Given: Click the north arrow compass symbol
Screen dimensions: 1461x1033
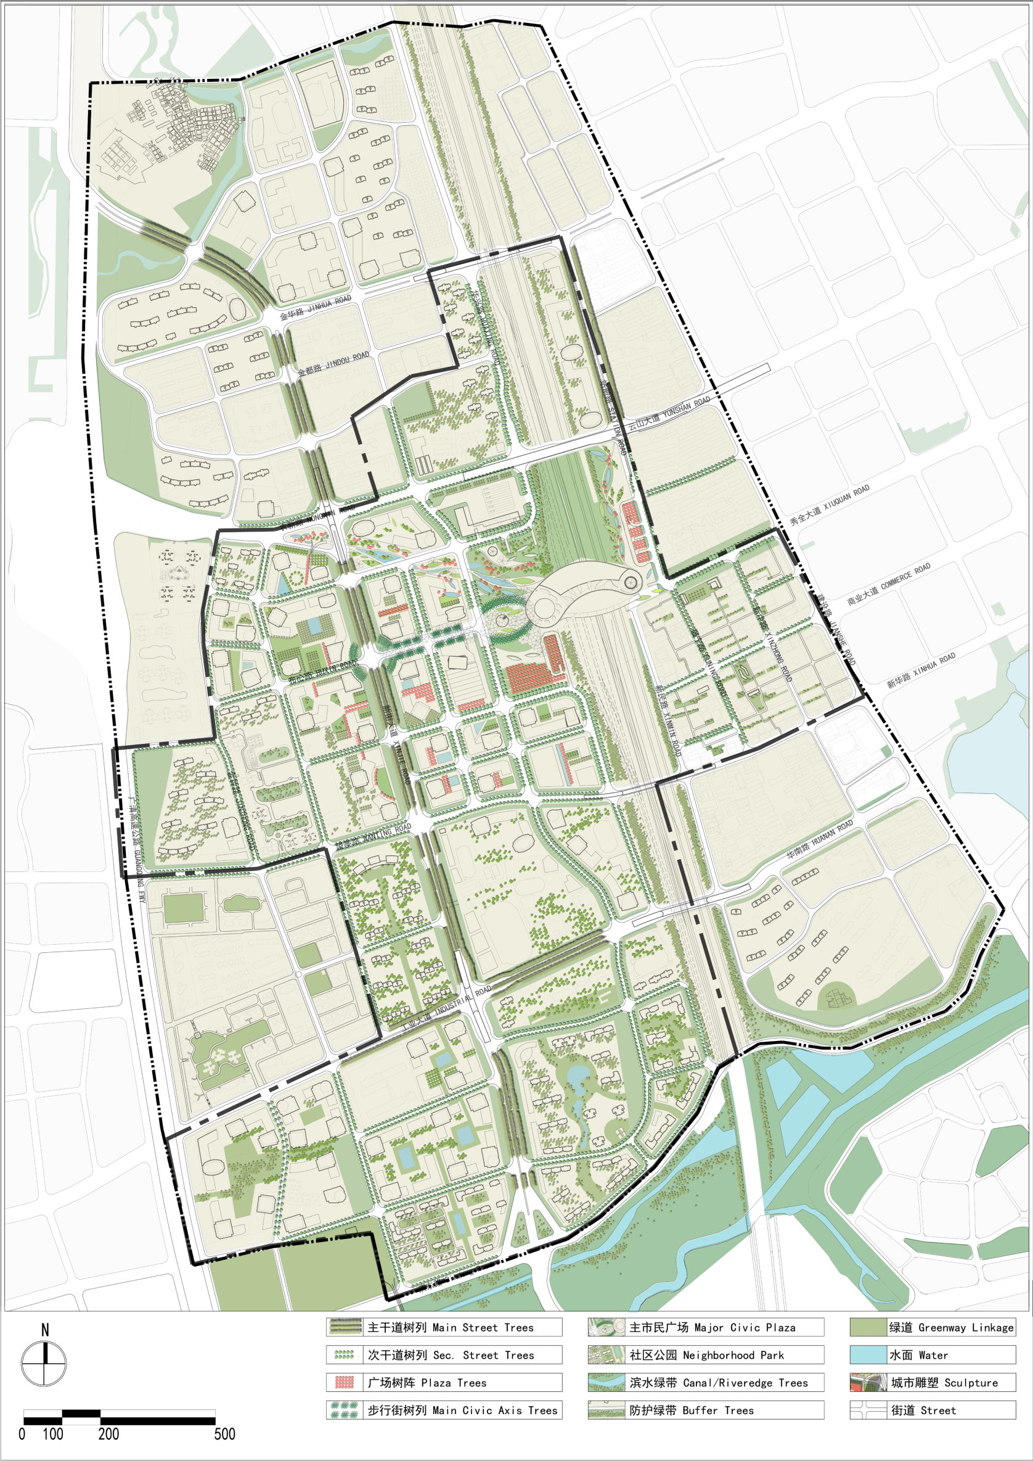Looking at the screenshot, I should pos(44,1364).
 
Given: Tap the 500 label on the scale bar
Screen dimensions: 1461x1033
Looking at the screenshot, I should pos(224,1434).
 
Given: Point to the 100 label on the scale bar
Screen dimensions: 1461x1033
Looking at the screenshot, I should pos(53,1434).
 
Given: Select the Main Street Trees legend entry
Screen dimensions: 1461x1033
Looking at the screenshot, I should pos(444,1327).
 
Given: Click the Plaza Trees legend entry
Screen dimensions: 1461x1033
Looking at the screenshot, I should pos(444,1382).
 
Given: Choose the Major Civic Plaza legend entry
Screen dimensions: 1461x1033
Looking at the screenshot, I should pos(706,1327).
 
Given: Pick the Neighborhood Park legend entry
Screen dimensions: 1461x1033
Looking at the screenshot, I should pos(706,1355).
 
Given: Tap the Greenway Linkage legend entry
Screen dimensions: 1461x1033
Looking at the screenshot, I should pos(933,1327).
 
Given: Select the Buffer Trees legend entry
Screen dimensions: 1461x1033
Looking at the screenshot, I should pos(706,1410).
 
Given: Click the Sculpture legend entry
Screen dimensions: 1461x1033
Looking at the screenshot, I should pos(933,1382).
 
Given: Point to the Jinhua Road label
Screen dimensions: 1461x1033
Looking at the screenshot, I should pos(316,307).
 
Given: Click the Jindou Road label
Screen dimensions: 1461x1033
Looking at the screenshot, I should pos(333,363).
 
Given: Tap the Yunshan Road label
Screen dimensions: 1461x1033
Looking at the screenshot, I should pos(669,413).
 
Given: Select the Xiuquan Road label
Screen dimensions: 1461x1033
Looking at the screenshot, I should pos(830,505).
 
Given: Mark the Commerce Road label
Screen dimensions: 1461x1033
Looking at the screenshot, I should pos(889,583).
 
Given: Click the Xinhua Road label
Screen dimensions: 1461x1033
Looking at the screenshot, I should pos(921,670).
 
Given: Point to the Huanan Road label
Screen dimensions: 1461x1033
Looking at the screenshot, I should pos(819,841).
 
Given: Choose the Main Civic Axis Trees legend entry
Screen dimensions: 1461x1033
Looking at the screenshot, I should pos(444,1410).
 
